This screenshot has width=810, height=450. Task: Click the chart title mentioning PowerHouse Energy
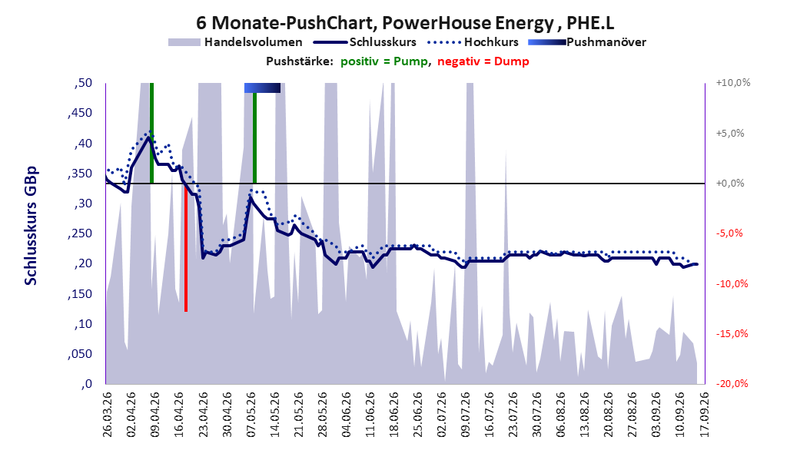[x=404, y=23]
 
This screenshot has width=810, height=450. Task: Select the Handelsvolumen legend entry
[x=235, y=42]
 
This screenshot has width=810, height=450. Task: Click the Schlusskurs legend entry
[x=365, y=42]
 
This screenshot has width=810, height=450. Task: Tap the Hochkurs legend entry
[x=473, y=42]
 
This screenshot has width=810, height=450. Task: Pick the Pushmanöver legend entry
[x=587, y=42]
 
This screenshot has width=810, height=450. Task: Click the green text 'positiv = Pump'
[x=384, y=61]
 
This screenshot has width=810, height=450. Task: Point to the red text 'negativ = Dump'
[x=483, y=61]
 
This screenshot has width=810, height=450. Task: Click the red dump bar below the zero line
[x=186, y=247]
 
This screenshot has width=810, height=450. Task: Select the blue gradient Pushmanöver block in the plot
[x=262, y=88]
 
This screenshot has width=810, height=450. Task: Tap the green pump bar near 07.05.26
[x=254, y=137]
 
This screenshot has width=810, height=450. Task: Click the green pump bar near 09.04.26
[x=151, y=133]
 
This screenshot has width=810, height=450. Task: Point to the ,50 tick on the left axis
[x=83, y=83]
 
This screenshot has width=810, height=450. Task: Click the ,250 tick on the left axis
[x=80, y=233]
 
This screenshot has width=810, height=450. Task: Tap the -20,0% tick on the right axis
[x=732, y=384]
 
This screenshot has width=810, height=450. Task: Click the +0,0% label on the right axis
[x=730, y=184]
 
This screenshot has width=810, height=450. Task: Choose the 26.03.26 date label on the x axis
[x=108, y=415]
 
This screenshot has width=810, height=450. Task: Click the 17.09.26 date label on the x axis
[x=704, y=415]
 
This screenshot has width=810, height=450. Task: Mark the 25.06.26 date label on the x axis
[x=417, y=415]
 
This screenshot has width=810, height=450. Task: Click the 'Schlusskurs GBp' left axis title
[x=31, y=226]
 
